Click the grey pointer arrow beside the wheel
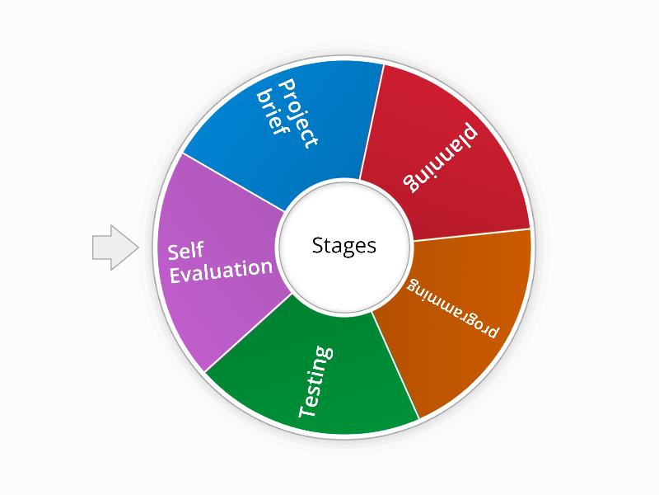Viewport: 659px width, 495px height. (113, 247)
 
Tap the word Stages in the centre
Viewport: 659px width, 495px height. (344, 245)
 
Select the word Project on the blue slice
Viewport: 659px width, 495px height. (298, 114)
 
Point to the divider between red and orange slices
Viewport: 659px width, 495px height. (470, 235)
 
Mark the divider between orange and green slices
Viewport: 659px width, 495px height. (395, 364)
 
